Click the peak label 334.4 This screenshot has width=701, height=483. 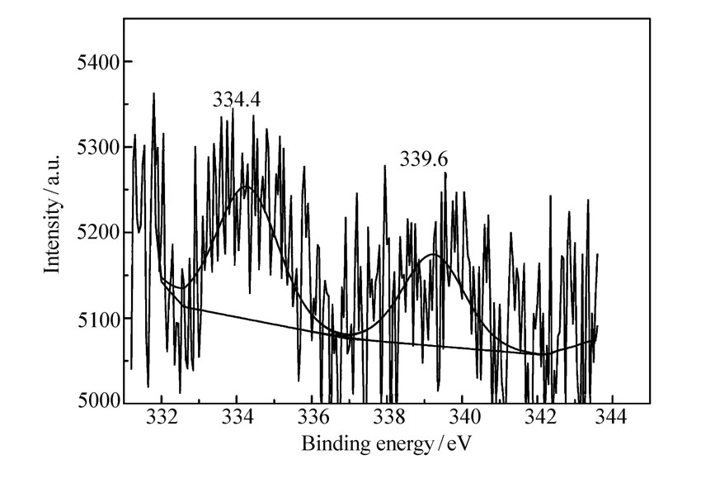pos(238,100)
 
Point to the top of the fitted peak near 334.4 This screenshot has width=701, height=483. pos(247,187)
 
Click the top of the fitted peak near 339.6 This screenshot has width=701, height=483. pos(434,254)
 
